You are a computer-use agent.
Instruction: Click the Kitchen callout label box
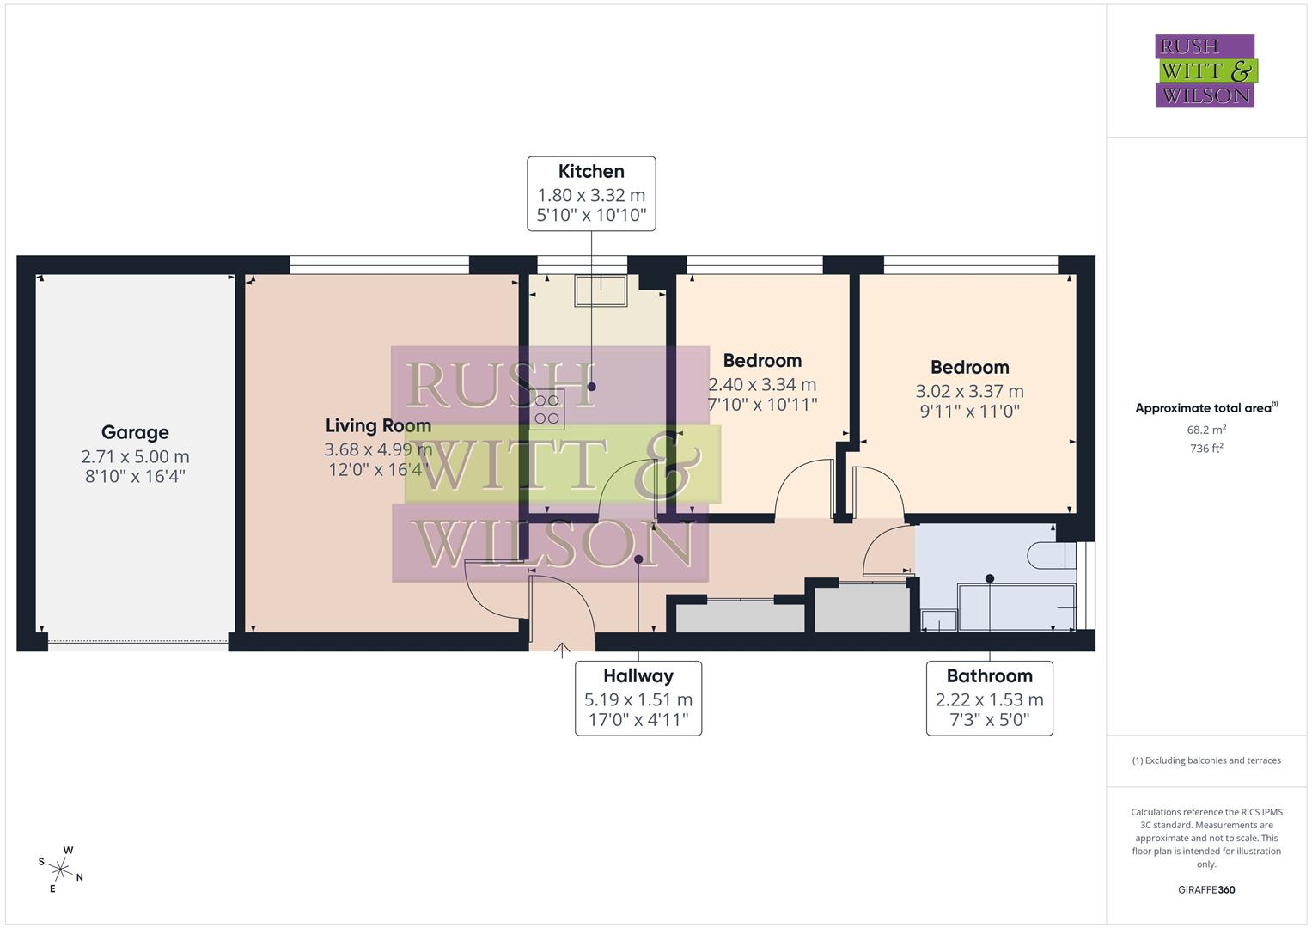click(x=591, y=193)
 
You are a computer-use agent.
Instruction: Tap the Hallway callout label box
click(x=638, y=698)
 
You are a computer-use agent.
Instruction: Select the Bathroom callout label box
click(x=989, y=698)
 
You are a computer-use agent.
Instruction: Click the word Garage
click(x=135, y=432)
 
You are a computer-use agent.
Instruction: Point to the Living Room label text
click(x=378, y=425)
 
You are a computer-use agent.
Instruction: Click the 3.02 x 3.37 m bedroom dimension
click(x=969, y=391)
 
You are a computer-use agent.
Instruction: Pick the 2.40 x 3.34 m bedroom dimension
click(x=761, y=384)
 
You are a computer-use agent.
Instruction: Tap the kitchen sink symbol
click(x=601, y=290)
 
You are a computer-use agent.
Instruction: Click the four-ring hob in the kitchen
click(x=547, y=409)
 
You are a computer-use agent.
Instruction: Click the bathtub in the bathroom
click(x=1016, y=607)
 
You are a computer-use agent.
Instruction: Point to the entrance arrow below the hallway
click(x=562, y=650)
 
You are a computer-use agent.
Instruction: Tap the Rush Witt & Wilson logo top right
click(x=1205, y=70)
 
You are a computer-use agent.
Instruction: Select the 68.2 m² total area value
click(x=1205, y=430)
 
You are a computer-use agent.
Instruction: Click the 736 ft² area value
click(x=1205, y=448)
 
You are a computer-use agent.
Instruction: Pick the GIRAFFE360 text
click(x=1205, y=889)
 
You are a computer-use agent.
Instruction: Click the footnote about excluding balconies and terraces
click(x=1205, y=760)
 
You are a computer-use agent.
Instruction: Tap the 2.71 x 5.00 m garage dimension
click(x=135, y=456)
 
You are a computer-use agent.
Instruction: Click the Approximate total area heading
click(x=1205, y=408)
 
